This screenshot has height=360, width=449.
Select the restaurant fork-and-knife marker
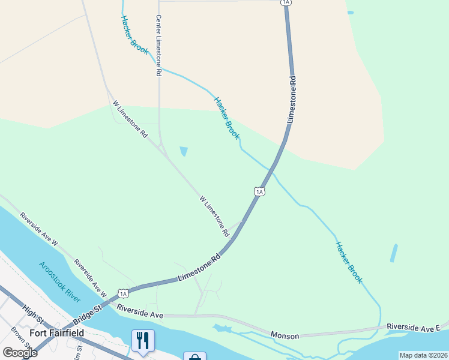pyautogui.click(x=143, y=341)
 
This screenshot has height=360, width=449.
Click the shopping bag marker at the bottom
pyautogui.click(x=194, y=357)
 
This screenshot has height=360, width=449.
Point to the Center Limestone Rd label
pyautogui.click(x=158, y=45)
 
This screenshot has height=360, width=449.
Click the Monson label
pyautogui.click(x=285, y=335)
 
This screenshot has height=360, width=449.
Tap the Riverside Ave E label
pyautogui.click(x=414, y=327)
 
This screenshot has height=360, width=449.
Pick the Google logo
pyautogui.click(x=20, y=352)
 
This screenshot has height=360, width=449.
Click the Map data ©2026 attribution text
pyautogui.click(x=423, y=355)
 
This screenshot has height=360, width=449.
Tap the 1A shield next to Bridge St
pyautogui.click(x=123, y=293)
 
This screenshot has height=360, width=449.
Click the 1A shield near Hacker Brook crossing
pyautogui.click(x=259, y=191)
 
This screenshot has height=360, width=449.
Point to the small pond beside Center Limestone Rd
pyautogui.click(x=183, y=151)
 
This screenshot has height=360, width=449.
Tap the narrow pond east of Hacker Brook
pyautogui.click(x=394, y=253)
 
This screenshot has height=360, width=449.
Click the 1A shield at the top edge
pyautogui.click(x=286, y=2)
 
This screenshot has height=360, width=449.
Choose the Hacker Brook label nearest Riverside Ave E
pyautogui.click(x=349, y=262)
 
